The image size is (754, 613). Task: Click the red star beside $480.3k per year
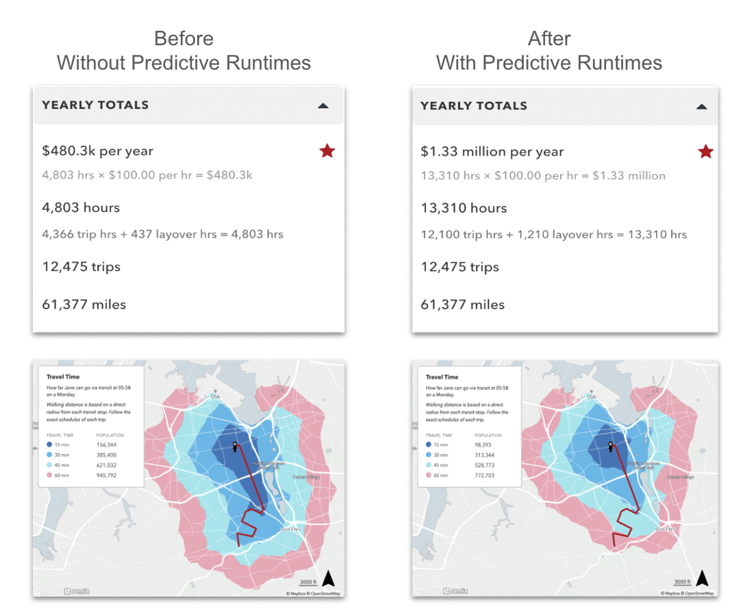tap(327, 151)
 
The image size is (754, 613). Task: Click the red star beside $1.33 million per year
tap(705, 151)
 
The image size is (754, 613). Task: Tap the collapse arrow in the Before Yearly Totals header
tap(323, 105)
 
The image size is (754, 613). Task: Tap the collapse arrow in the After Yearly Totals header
tap(701, 106)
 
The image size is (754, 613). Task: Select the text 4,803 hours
tap(81, 207)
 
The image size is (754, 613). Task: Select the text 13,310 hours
tap(464, 208)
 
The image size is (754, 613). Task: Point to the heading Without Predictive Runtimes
tap(184, 63)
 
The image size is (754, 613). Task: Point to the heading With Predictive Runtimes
tap(549, 63)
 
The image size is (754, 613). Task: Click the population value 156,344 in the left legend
tap(106, 444)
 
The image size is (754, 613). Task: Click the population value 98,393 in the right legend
tap(484, 445)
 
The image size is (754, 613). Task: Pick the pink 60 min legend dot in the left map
tap(50, 475)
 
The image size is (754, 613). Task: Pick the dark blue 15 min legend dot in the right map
tap(429, 445)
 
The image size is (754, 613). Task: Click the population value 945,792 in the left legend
tap(106, 475)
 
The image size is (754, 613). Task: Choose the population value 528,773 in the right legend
tap(486, 465)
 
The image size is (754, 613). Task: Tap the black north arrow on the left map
tap(328, 579)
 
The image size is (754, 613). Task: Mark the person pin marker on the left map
tap(235, 447)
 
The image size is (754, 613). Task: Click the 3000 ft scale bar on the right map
tap(682, 583)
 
